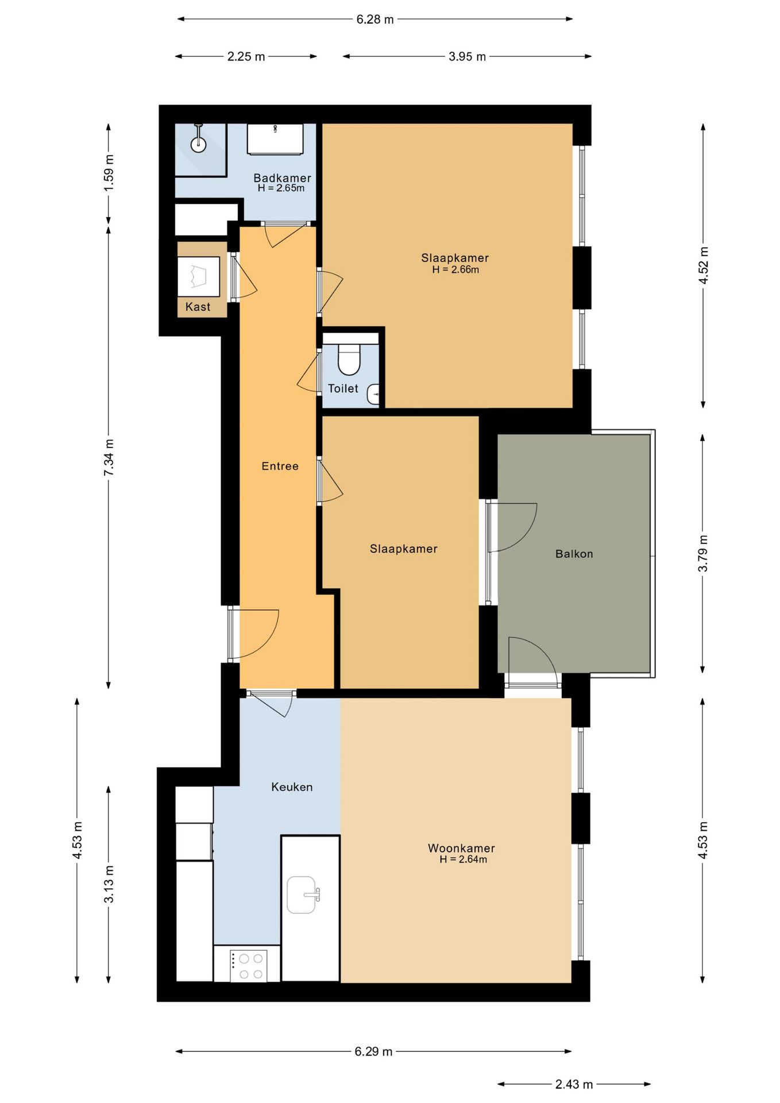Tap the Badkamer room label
[282, 178]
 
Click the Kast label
[198, 307]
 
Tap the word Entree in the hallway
[280, 466]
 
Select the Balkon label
[574, 554]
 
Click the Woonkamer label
[461, 848]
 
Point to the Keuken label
[292, 787]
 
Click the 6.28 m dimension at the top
[375, 20]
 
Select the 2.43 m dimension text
[574, 1084]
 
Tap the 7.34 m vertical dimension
[109, 457]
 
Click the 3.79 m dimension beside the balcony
[702, 553]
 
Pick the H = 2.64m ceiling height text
[463, 859]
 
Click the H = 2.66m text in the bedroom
[455, 269]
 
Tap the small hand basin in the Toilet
[374, 394]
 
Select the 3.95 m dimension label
[468, 56]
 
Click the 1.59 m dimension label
[109, 173]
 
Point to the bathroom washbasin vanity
[275, 139]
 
